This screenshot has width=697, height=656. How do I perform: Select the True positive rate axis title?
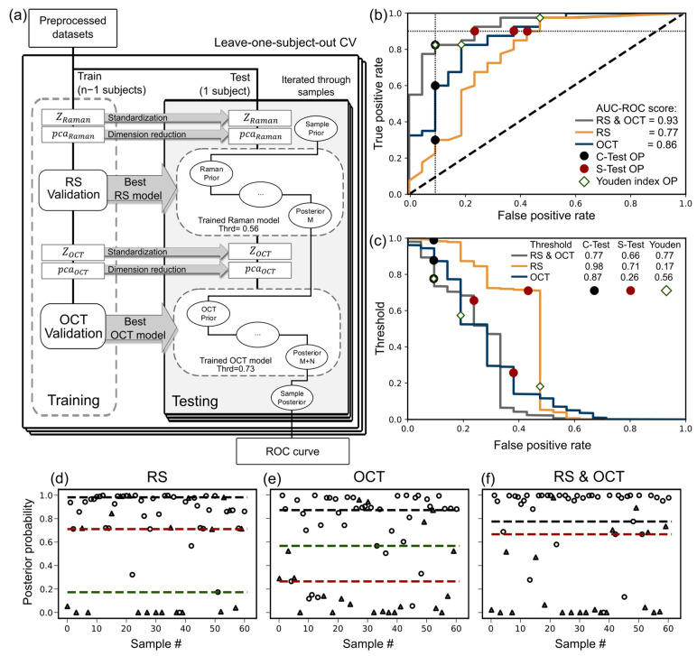point(378,104)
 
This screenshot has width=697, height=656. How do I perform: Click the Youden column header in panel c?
point(666,243)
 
